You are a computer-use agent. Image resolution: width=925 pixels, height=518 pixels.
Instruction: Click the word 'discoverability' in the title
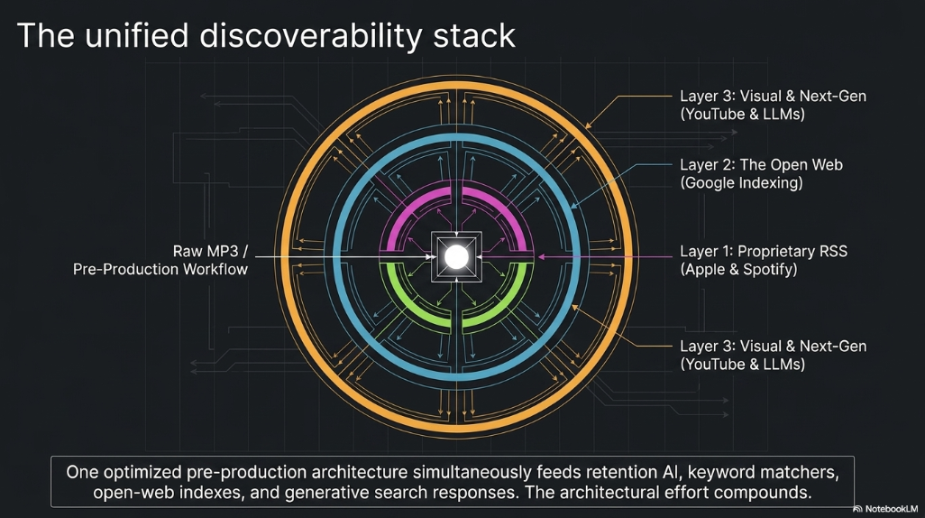tap(311, 35)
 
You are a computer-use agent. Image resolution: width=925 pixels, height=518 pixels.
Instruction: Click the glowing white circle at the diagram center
tap(456, 257)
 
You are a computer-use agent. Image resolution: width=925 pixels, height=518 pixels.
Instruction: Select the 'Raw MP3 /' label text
tap(210, 251)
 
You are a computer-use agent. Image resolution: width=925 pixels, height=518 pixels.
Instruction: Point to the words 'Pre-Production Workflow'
tap(160, 269)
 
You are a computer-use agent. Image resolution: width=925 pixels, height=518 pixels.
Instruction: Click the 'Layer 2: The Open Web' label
tap(761, 165)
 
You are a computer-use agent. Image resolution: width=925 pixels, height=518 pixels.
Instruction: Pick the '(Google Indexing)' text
tap(741, 183)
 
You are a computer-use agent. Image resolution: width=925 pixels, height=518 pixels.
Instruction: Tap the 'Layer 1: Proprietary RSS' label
tap(764, 251)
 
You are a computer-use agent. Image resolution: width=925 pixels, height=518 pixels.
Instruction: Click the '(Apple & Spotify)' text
tap(738, 269)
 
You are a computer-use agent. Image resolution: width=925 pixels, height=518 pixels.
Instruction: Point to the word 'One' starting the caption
tap(82, 472)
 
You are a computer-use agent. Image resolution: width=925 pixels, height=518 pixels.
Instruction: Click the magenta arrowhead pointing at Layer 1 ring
tap(540, 257)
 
